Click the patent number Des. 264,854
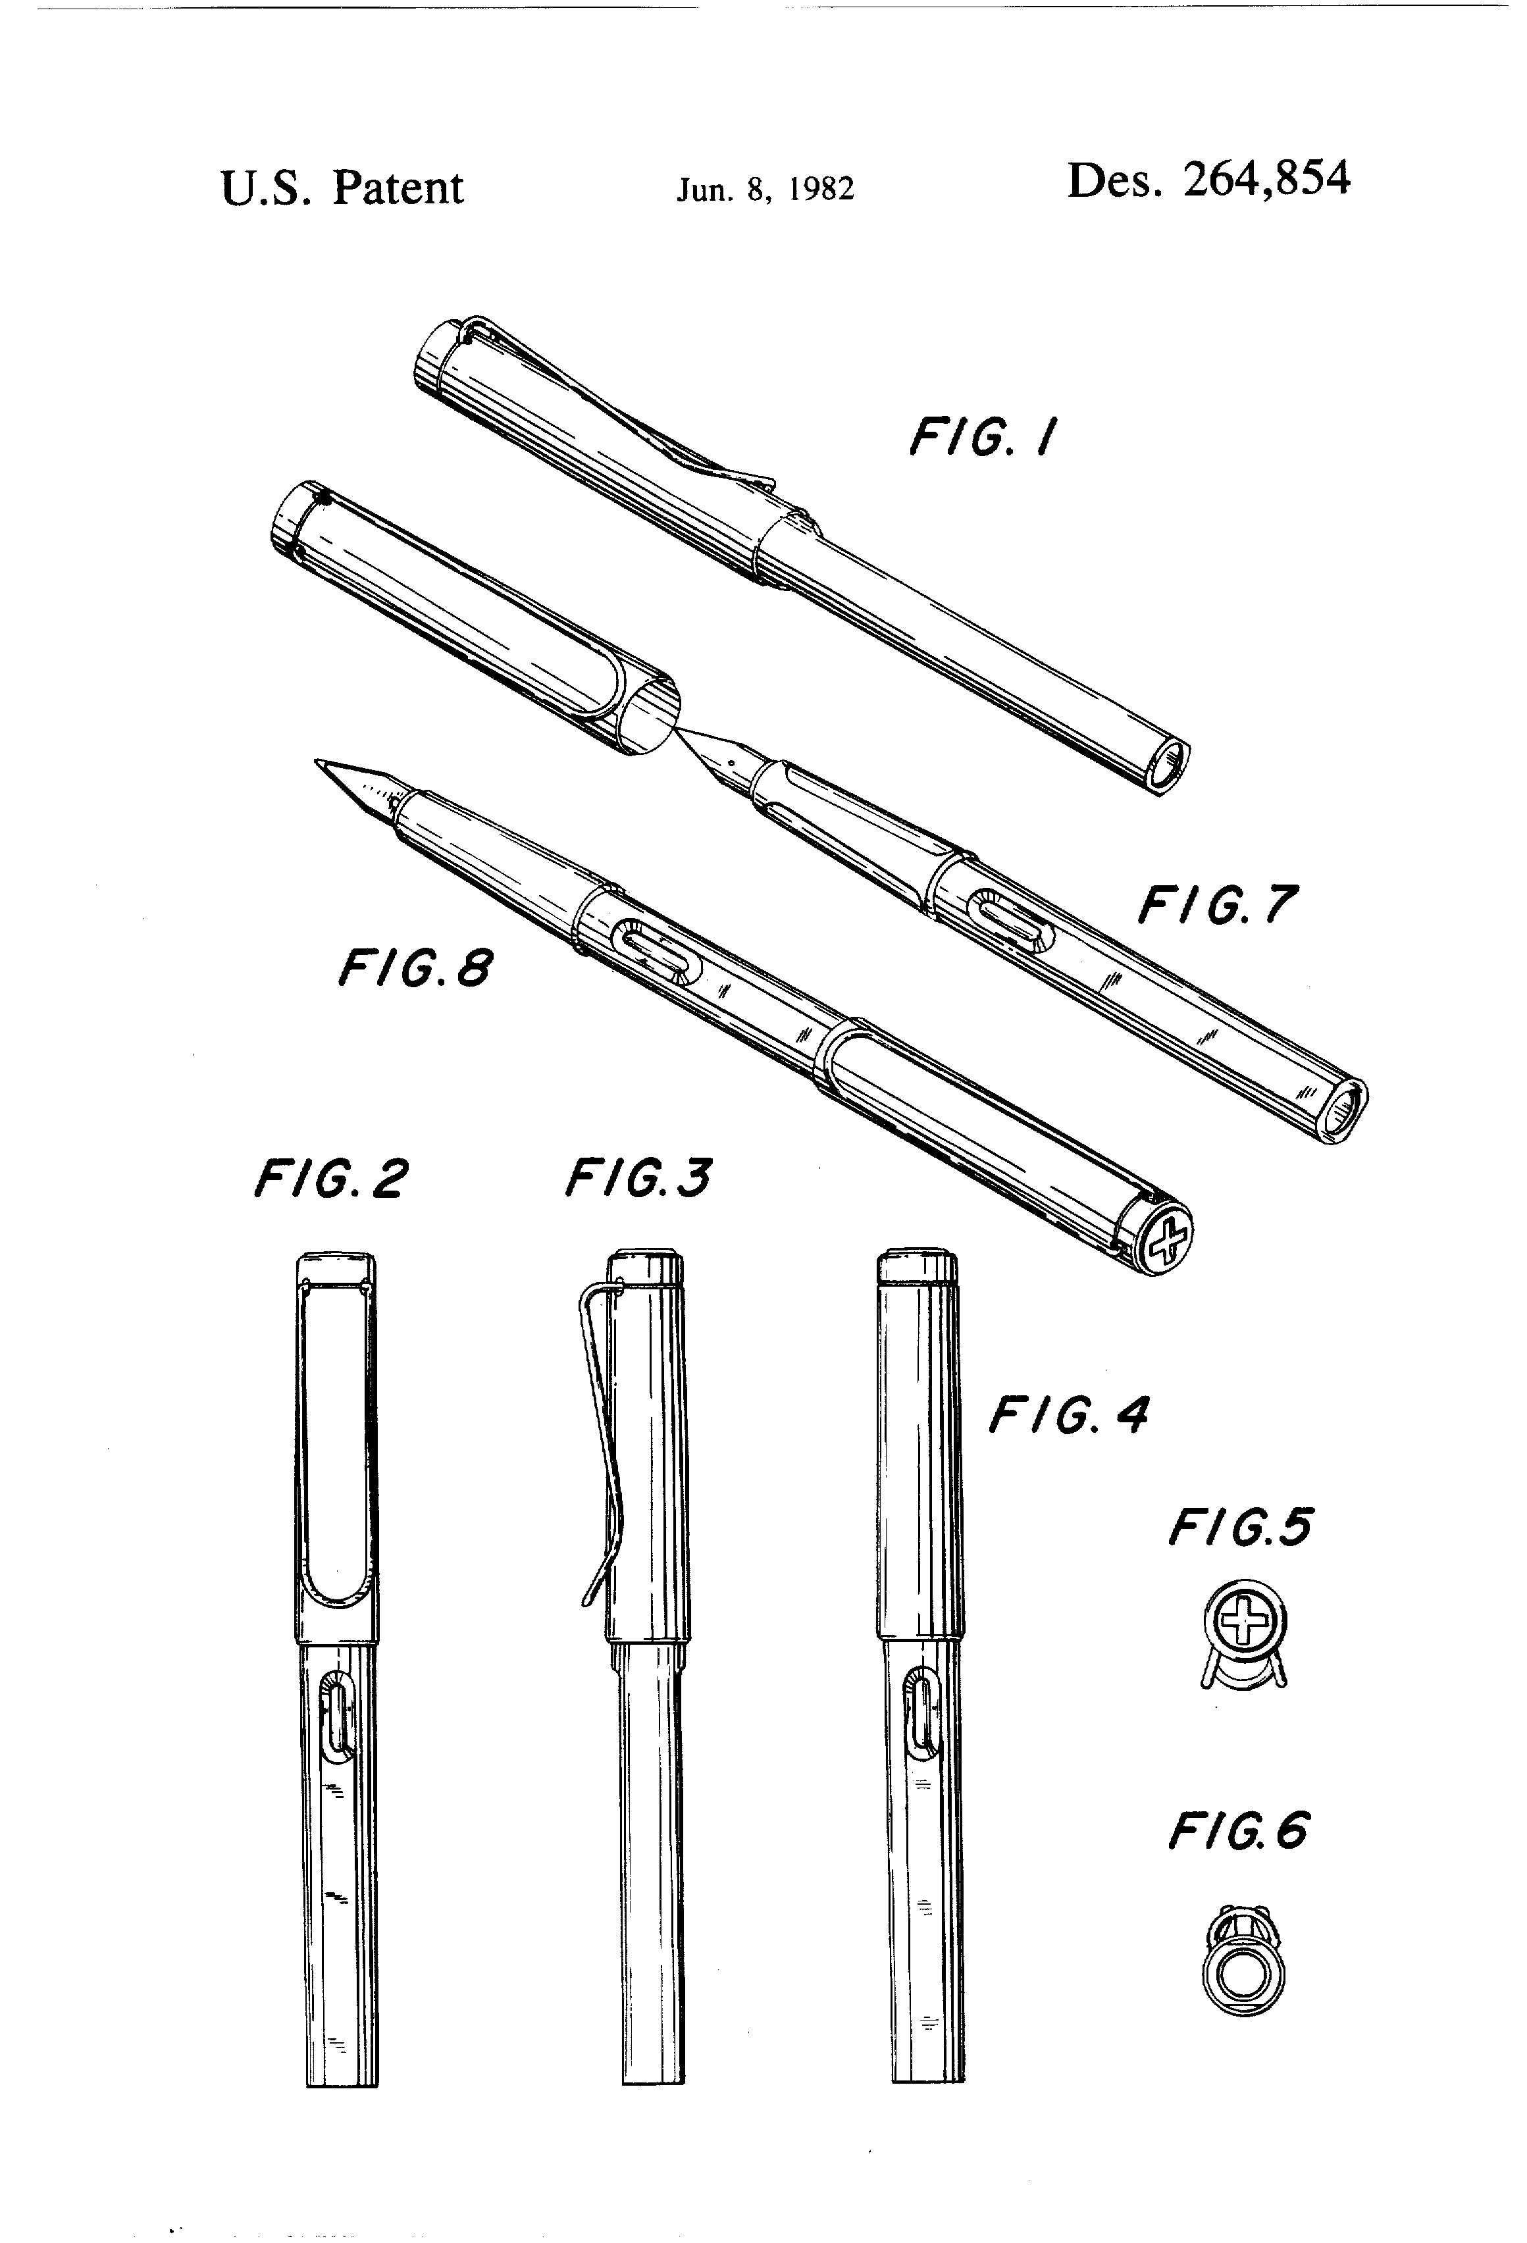click(1208, 180)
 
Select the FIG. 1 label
click(983, 437)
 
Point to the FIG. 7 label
click(1217, 906)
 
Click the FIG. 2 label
click(331, 1179)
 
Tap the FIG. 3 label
click(639, 1177)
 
